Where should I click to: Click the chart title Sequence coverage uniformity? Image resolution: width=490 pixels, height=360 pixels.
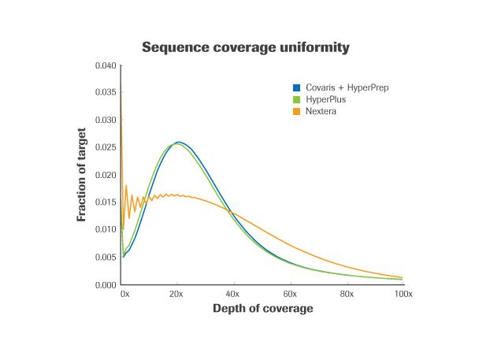pyautogui.click(x=246, y=48)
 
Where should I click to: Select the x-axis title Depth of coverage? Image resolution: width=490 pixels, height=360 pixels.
pyautogui.click(x=263, y=308)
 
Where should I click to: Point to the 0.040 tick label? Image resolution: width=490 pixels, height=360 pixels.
pyautogui.click(x=105, y=65)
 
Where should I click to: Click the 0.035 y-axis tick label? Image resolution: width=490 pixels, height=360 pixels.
pyautogui.click(x=105, y=92)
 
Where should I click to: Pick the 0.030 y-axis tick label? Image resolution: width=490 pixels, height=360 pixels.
pyautogui.click(x=105, y=120)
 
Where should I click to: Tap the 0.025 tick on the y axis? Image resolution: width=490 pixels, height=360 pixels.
pyautogui.click(x=105, y=147)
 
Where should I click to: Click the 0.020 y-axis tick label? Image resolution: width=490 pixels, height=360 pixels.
pyautogui.click(x=105, y=175)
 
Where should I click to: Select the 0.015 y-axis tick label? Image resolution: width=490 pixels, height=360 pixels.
pyautogui.click(x=105, y=202)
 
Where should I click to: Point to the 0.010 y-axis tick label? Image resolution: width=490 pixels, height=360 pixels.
pyautogui.click(x=105, y=229)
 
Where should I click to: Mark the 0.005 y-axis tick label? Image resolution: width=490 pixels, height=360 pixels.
pyautogui.click(x=105, y=257)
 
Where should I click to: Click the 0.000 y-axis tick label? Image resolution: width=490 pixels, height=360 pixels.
pyautogui.click(x=105, y=284)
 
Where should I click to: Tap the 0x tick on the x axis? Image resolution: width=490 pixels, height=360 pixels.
pyautogui.click(x=124, y=293)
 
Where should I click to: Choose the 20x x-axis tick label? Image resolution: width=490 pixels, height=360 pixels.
pyautogui.click(x=176, y=293)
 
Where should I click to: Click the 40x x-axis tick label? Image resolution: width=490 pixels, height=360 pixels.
pyautogui.click(x=233, y=293)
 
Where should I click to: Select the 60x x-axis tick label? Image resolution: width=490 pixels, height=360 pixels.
pyautogui.click(x=289, y=293)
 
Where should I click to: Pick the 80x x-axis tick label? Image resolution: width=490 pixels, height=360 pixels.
pyautogui.click(x=346, y=293)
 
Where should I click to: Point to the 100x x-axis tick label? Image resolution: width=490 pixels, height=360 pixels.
pyautogui.click(x=403, y=293)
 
